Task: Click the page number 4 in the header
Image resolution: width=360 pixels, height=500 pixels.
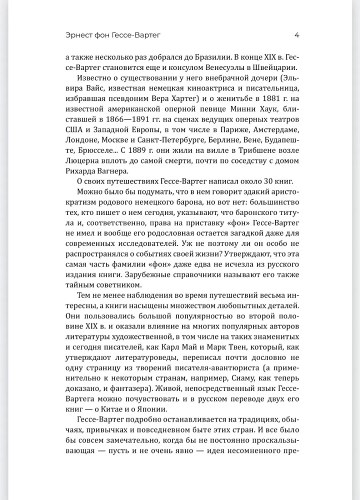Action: tap(296, 35)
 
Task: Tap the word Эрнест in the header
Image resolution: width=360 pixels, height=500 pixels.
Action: tap(81, 35)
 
